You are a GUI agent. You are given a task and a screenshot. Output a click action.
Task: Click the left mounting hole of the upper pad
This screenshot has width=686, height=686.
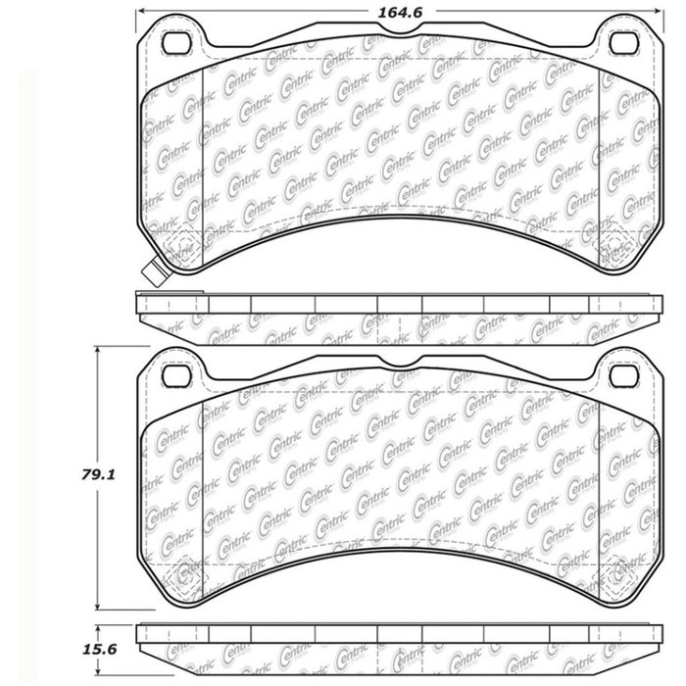point(177,43)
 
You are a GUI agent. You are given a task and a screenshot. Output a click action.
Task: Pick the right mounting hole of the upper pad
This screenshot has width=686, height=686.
point(620,43)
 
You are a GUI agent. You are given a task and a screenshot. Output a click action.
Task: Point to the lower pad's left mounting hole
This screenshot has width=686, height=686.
point(177,375)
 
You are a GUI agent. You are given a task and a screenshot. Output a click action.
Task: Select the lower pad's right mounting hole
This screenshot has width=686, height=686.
point(620,375)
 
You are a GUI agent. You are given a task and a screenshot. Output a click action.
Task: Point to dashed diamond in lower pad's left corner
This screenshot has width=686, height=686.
point(181,577)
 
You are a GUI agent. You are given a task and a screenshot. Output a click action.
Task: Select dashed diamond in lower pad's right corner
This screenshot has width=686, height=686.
point(617,577)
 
